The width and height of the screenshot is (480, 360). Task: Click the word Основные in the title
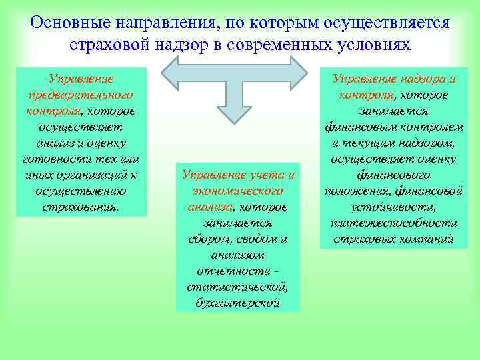point(71,23)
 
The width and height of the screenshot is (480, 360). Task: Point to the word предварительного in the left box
point(81,95)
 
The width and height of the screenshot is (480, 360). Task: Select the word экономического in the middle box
point(238,191)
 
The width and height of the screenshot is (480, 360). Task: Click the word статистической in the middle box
point(238,287)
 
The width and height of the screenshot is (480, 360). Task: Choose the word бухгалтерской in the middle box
point(238,303)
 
